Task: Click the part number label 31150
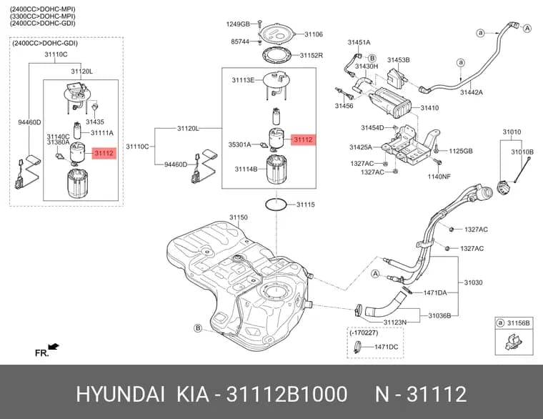coord(238,217)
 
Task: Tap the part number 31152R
coord(312,55)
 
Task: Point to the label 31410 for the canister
coord(429,108)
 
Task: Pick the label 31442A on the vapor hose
coord(472,92)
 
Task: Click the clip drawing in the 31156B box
coord(513,342)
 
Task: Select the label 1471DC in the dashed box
coord(386,347)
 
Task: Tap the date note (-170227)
coord(364,332)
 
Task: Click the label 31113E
coord(243,80)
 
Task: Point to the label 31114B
coord(246,169)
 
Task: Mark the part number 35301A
coord(239,144)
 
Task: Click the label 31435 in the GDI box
coord(95,122)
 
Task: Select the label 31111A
coord(101,133)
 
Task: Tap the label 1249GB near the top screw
coord(238,24)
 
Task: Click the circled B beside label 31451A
coord(372,58)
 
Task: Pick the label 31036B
coord(439,315)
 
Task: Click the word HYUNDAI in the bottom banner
coord(120,394)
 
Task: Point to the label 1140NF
coord(439,177)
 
